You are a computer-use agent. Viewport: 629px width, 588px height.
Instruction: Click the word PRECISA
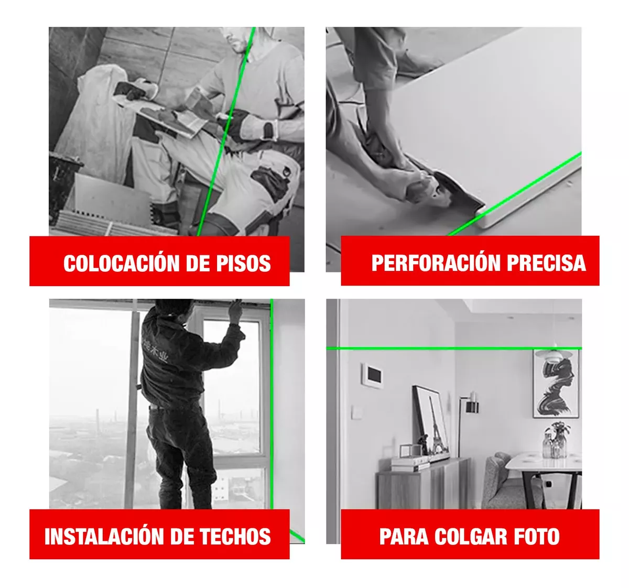pos(546,263)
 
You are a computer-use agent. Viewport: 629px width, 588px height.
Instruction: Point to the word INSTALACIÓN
pos(104,536)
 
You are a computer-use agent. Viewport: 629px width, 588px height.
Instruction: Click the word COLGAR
pos(471,536)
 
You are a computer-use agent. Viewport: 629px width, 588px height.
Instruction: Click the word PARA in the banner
pos(404,536)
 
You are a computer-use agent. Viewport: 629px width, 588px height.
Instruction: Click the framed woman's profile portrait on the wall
pos(556,384)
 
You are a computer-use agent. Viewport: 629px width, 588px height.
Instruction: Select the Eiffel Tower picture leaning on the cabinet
pos(431,422)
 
